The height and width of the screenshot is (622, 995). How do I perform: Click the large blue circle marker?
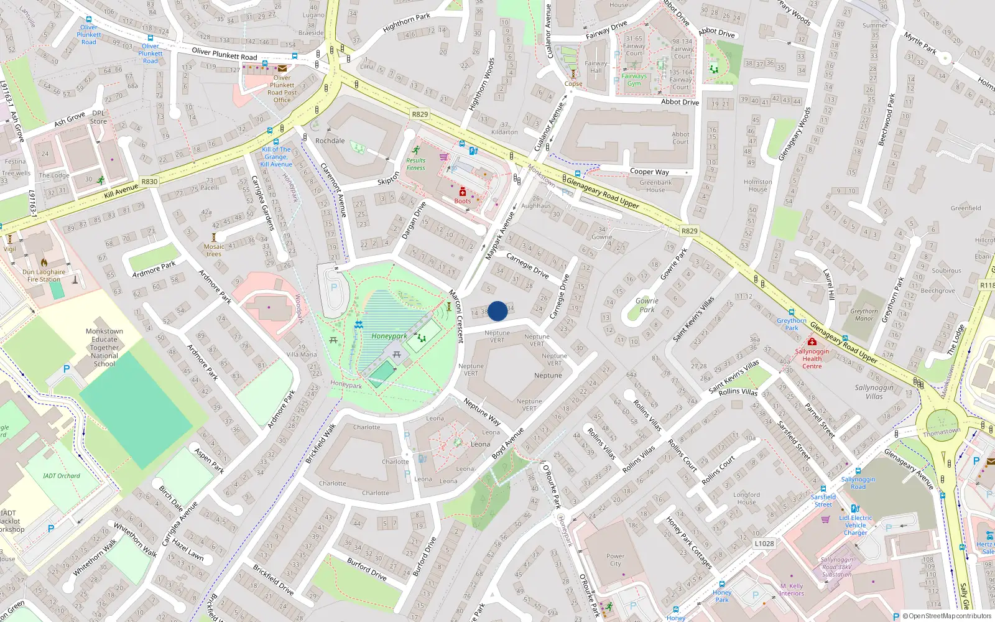(x=497, y=311)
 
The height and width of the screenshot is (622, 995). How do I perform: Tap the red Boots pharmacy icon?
(x=463, y=192)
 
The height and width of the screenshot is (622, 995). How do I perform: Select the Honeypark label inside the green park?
(x=389, y=336)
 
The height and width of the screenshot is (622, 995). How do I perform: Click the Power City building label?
(x=615, y=560)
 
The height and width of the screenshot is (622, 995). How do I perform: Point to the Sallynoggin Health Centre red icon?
(x=812, y=341)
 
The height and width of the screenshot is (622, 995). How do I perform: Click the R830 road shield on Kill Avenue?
(x=149, y=182)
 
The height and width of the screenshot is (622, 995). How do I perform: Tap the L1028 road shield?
(x=764, y=543)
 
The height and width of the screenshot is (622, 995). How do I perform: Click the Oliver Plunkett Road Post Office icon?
(x=282, y=68)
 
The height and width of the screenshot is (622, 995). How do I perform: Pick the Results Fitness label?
(x=415, y=164)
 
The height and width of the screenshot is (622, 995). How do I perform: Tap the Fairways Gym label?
(x=634, y=80)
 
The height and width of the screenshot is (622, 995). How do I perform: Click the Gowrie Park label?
(x=647, y=305)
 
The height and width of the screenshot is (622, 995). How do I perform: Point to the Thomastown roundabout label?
(x=942, y=432)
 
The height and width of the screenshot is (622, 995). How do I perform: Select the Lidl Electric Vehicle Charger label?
(x=856, y=525)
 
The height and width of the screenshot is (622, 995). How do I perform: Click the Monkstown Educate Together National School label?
(x=104, y=348)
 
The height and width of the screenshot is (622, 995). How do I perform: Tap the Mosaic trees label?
(x=214, y=250)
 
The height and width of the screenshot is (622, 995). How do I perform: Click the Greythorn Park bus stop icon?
(x=791, y=312)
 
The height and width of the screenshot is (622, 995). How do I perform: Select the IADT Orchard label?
(x=62, y=476)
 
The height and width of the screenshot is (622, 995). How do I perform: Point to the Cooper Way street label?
(x=649, y=172)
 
